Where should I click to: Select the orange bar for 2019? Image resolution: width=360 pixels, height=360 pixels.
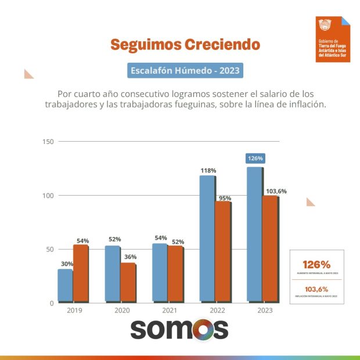tap(80, 273)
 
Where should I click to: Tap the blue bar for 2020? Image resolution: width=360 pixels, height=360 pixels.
tap(113, 273)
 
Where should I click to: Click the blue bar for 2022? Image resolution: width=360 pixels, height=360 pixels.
tap(207, 238)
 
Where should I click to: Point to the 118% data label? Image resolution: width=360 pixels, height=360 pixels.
tap(208, 171)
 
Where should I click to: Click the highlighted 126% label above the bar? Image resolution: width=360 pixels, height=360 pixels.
tap(255, 158)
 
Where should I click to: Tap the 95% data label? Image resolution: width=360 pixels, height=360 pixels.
tap(224, 198)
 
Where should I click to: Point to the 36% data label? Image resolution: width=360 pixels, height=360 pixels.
tap(129, 257)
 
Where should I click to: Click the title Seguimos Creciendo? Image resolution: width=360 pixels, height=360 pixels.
tap(185, 45)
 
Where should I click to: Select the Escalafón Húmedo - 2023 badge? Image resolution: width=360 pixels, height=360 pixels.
tap(185, 71)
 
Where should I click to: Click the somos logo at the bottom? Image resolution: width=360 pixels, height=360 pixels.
tap(179, 329)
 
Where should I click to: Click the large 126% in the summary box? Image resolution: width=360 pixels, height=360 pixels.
tap(316, 265)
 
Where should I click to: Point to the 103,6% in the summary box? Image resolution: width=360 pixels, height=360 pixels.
tap(316, 289)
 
